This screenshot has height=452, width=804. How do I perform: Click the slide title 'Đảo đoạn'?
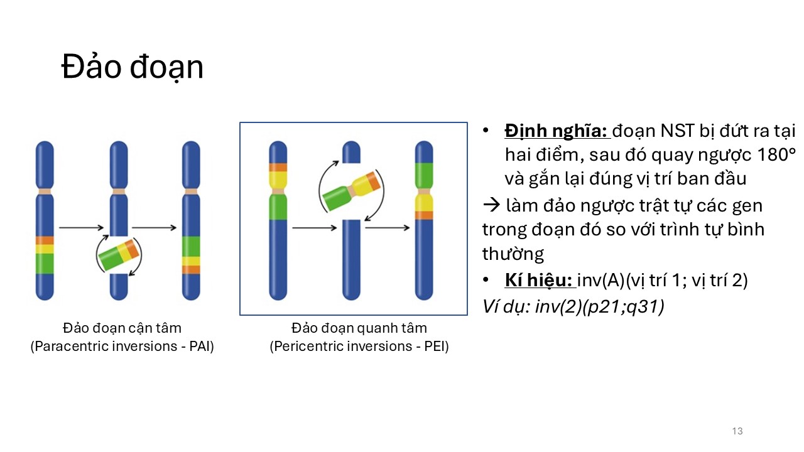pyautogui.click(x=133, y=67)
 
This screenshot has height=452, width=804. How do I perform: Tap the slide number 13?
pyautogui.click(x=737, y=431)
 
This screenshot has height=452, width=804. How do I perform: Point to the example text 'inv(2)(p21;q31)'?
pyautogui.click(x=599, y=307)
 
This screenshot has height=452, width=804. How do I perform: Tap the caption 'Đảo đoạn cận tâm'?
pyautogui.click(x=122, y=328)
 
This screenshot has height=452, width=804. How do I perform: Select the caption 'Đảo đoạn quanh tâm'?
pyautogui.click(x=359, y=328)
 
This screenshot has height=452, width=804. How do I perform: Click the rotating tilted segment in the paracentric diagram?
pyautogui.click(x=119, y=255)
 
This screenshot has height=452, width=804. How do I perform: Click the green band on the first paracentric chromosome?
pyautogui.click(x=45, y=264)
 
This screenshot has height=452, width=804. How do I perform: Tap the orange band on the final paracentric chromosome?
pyautogui.click(x=191, y=270)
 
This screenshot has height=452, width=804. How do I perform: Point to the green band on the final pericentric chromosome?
pyautogui.click(x=424, y=175)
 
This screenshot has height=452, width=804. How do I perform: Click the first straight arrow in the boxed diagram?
pyautogui.click(x=315, y=228)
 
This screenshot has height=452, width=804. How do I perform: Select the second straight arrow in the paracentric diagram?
pyautogui.click(x=155, y=227)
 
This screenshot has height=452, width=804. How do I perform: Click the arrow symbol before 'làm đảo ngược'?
pyautogui.click(x=491, y=205)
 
